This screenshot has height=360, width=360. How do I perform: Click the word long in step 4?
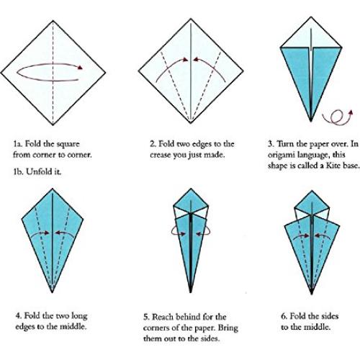pos(86,315)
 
